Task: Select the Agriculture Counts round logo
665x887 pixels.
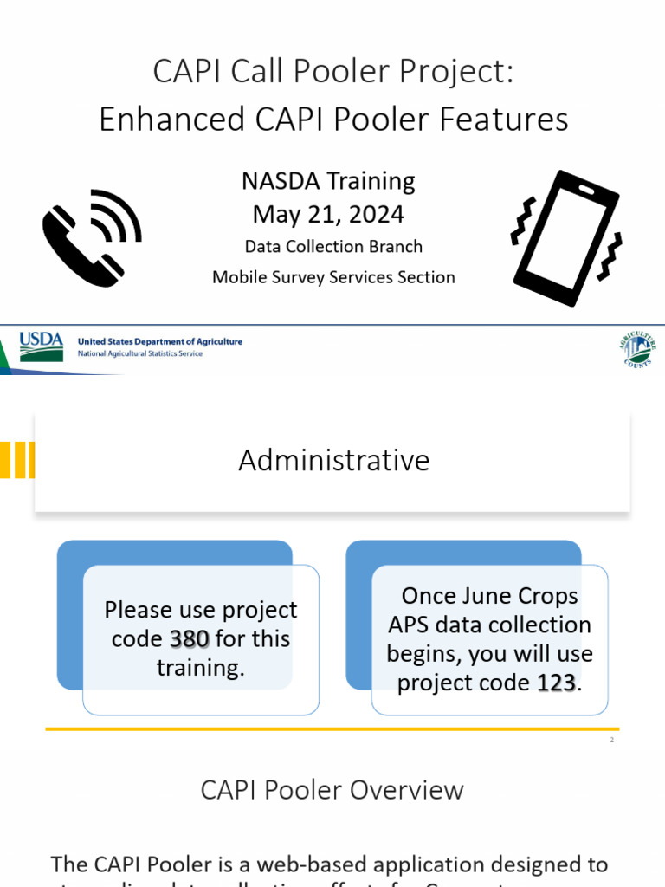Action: pyautogui.click(x=637, y=349)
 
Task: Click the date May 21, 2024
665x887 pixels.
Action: pyautogui.click(x=328, y=213)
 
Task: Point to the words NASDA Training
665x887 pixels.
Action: pyautogui.click(x=328, y=181)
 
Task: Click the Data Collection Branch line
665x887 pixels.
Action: pyautogui.click(x=333, y=247)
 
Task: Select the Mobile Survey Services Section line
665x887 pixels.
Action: pyautogui.click(x=333, y=277)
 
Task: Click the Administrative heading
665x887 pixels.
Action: pyautogui.click(x=333, y=460)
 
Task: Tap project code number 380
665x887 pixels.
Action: pyautogui.click(x=189, y=639)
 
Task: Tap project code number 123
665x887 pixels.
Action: pyautogui.click(x=556, y=683)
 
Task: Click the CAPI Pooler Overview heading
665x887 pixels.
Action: pyautogui.click(x=332, y=790)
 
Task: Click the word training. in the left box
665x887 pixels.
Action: pyautogui.click(x=200, y=668)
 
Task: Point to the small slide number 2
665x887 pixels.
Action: pyautogui.click(x=611, y=740)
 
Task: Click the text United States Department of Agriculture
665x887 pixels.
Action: pyautogui.click(x=160, y=341)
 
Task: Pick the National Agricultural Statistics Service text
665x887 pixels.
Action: pyautogui.click(x=140, y=354)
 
